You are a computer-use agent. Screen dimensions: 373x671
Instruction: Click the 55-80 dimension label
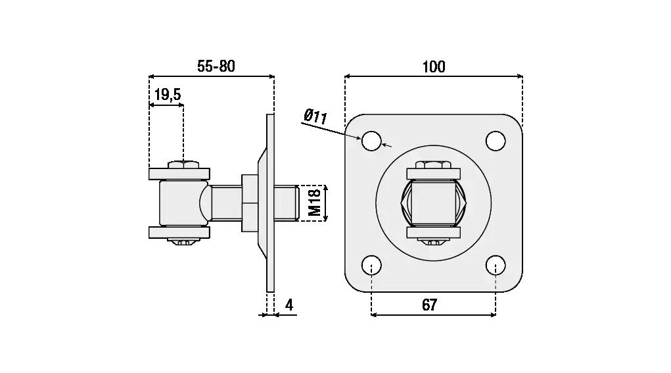(x=216, y=66)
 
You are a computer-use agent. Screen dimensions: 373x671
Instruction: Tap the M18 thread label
(x=315, y=203)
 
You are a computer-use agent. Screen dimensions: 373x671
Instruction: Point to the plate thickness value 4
(x=289, y=305)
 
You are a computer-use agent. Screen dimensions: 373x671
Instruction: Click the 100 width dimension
(x=433, y=66)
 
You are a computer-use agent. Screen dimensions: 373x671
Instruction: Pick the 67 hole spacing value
(x=429, y=305)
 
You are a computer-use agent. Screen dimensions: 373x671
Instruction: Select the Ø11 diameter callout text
(x=315, y=117)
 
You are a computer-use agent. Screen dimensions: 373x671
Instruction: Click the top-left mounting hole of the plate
(x=371, y=140)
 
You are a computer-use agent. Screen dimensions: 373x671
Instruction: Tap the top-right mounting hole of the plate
(x=496, y=140)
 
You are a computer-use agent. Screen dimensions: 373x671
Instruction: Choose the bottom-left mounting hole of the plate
(x=371, y=265)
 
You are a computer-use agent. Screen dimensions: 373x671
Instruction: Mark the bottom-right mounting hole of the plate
(x=496, y=265)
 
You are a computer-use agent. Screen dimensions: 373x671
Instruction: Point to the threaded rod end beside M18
(x=287, y=203)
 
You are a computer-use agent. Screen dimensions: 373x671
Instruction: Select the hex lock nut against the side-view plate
(x=250, y=203)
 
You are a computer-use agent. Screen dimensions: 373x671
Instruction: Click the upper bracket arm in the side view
(x=179, y=174)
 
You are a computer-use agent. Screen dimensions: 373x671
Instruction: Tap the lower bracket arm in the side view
(x=179, y=232)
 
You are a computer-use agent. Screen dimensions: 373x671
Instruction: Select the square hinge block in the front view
(x=433, y=203)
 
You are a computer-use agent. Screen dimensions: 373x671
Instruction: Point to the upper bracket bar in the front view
(x=433, y=174)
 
